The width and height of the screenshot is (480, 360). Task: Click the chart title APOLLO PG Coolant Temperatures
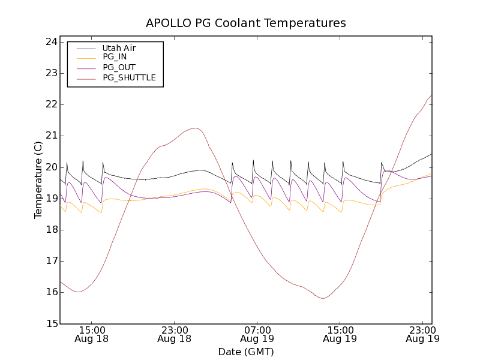click(x=246, y=23)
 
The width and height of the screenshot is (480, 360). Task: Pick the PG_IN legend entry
click(x=115, y=57)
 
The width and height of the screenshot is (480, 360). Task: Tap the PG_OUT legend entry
click(x=119, y=67)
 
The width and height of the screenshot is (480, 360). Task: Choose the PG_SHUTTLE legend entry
click(x=129, y=77)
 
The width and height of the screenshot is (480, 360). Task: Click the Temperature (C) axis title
click(x=38, y=180)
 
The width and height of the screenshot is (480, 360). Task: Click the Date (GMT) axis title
click(x=246, y=352)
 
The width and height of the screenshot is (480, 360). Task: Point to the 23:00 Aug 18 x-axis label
click(x=174, y=334)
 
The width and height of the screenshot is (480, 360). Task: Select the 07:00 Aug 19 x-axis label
click(x=257, y=334)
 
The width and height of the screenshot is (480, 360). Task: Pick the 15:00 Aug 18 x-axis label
click(x=91, y=334)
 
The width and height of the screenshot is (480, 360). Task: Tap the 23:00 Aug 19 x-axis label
click(x=422, y=334)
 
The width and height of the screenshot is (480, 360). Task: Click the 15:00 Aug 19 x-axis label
click(x=340, y=334)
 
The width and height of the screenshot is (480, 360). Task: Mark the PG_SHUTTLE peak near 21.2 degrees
click(x=194, y=128)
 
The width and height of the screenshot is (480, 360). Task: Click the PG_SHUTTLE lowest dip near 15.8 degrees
click(x=323, y=298)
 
